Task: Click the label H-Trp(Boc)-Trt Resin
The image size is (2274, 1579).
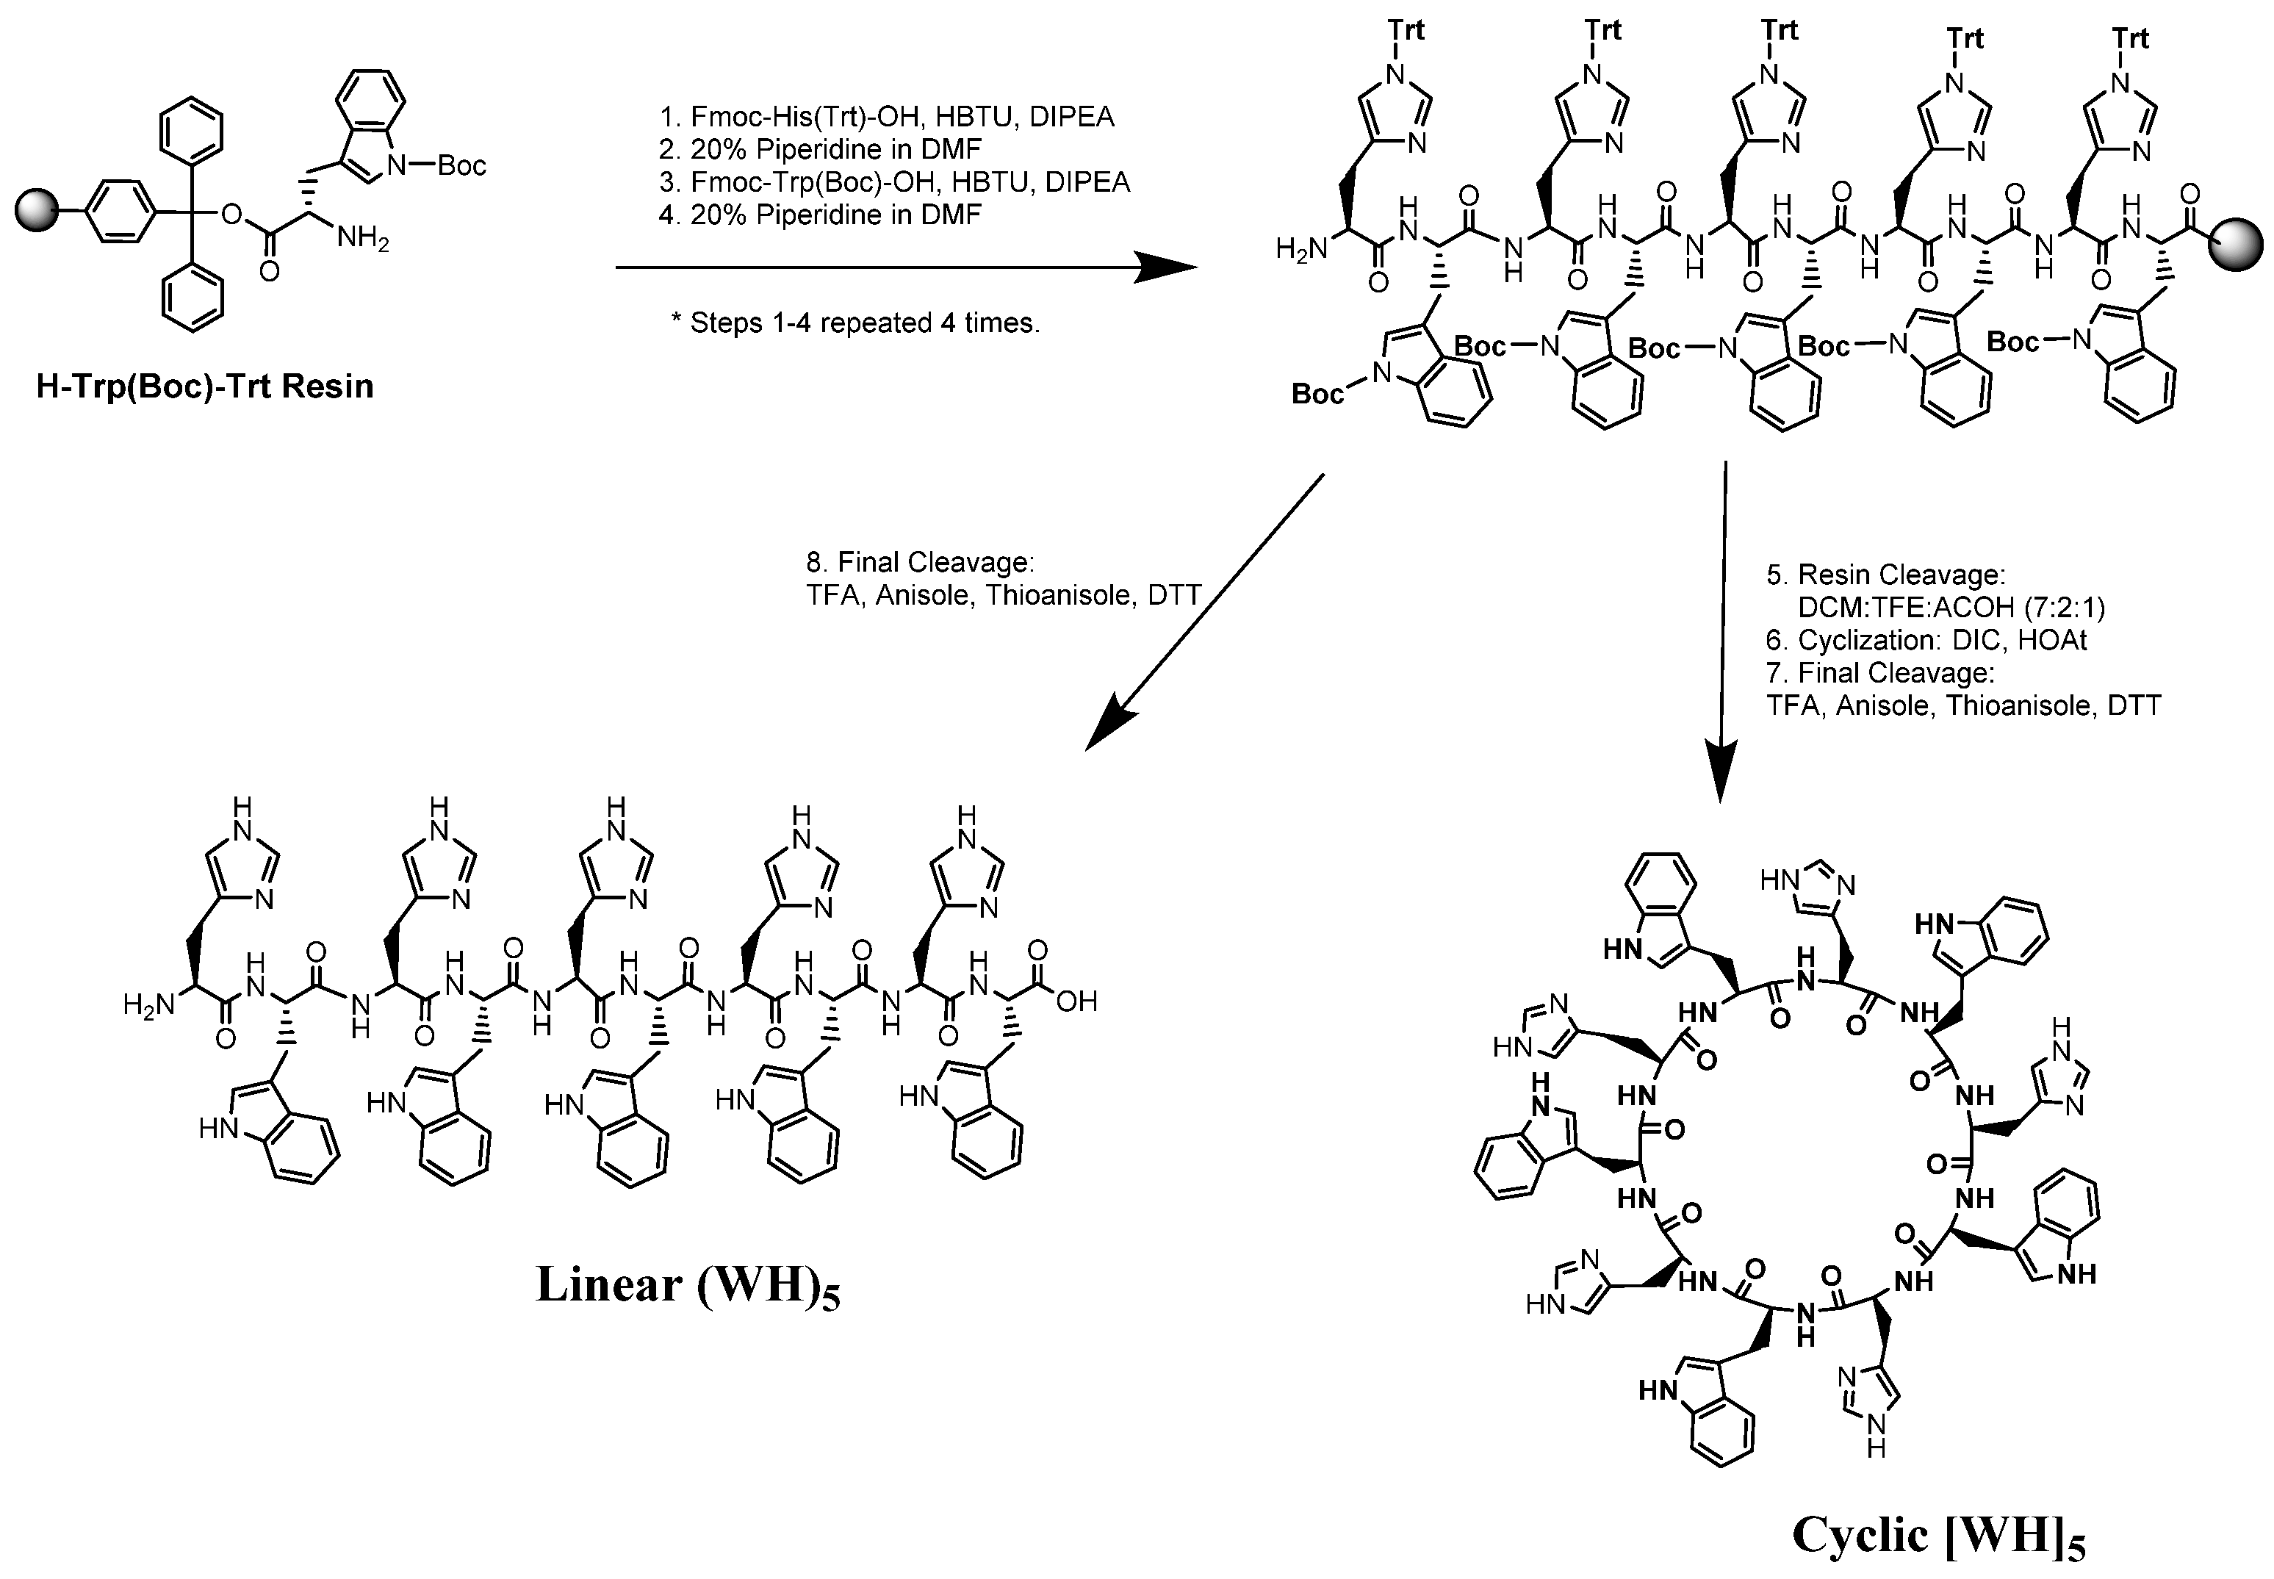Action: click(205, 386)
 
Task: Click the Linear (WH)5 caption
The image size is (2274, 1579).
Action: click(688, 1285)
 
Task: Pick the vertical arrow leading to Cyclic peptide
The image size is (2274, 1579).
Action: click(1723, 633)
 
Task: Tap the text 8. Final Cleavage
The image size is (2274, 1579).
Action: click(920, 563)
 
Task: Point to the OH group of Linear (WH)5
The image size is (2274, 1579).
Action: click(1076, 1002)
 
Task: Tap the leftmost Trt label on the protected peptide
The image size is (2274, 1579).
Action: click(1406, 31)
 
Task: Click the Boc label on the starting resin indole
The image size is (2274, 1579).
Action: click(461, 165)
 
